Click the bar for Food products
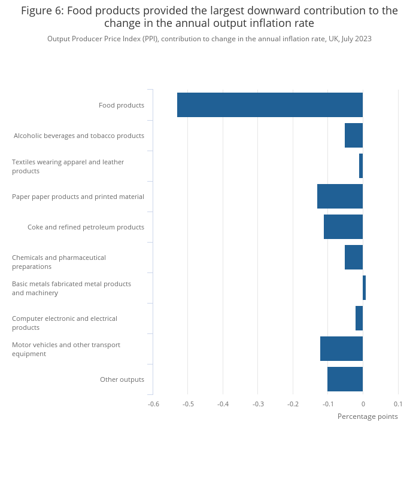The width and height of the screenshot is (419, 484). (270, 105)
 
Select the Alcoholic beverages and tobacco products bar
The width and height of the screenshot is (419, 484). (354, 135)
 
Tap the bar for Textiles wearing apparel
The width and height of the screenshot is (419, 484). (361, 166)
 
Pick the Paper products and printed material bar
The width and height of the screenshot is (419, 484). (340, 197)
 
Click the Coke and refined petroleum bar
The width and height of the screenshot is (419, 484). (343, 226)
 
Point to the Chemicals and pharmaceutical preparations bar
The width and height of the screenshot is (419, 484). (354, 257)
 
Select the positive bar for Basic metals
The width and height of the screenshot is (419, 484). (365, 287)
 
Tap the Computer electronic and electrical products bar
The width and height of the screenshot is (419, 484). (359, 318)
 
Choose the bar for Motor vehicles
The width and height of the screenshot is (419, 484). (341, 348)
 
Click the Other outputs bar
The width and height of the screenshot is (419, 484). (345, 379)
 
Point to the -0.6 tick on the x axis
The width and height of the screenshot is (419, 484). (153, 404)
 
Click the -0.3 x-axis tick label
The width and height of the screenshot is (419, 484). (258, 404)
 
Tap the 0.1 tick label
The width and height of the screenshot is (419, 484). (398, 404)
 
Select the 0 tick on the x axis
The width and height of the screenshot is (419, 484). (363, 404)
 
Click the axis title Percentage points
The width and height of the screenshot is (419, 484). (368, 416)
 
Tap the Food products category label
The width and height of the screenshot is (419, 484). (122, 105)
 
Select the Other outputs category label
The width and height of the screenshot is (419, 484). (122, 379)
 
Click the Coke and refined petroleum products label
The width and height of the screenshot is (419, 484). (86, 227)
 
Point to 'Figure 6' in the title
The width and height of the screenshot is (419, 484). (42, 11)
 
